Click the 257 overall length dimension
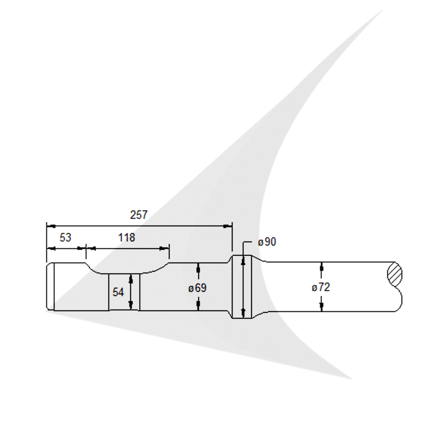(x=139, y=215)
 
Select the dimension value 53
(x=66, y=238)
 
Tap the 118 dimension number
(x=126, y=238)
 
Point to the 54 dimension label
(x=118, y=292)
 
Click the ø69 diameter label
(x=197, y=288)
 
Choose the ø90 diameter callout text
(x=267, y=242)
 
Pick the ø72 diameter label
(x=321, y=288)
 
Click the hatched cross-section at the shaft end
(x=395, y=275)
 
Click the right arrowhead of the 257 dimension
(x=228, y=226)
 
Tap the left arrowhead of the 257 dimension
(x=50, y=226)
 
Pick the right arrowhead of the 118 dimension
(x=165, y=249)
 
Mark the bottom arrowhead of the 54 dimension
(x=131, y=305)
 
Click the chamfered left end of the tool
(x=50, y=287)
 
